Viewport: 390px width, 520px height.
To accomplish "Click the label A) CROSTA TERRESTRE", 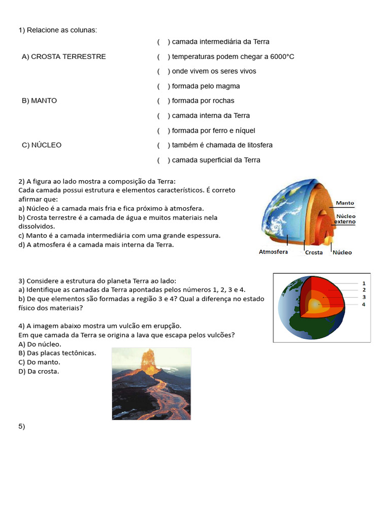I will [x=63, y=57].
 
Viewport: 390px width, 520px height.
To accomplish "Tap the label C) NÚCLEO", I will [x=41, y=145].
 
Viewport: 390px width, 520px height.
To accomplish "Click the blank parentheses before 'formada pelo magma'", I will [x=163, y=86].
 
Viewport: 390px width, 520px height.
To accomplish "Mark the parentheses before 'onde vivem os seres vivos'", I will [x=163, y=72].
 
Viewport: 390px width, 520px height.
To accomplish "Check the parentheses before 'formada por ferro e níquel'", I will [x=163, y=131].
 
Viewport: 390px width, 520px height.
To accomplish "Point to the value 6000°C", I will [x=280, y=57].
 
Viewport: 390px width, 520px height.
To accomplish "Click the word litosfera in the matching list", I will [x=257, y=145].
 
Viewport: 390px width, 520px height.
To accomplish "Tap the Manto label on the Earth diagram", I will [x=345, y=203].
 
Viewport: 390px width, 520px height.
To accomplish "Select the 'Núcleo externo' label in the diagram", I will [x=345, y=219].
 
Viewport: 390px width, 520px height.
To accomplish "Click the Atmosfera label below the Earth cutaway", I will [x=273, y=252].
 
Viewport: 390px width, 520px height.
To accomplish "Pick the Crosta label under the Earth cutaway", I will [x=313, y=252].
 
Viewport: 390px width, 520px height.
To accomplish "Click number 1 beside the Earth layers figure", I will [x=364, y=283].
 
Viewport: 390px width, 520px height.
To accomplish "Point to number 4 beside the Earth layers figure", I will [x=364, y=305].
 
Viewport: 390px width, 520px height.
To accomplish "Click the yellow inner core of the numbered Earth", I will [x=315, y=305].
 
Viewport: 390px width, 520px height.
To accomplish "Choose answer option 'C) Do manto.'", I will [x=39, y=362].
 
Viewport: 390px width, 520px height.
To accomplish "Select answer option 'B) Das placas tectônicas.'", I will [x=57, y=353].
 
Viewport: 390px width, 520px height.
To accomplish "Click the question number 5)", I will [x=21, y=427].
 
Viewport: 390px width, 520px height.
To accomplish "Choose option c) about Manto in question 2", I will [x=119, y=236].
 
